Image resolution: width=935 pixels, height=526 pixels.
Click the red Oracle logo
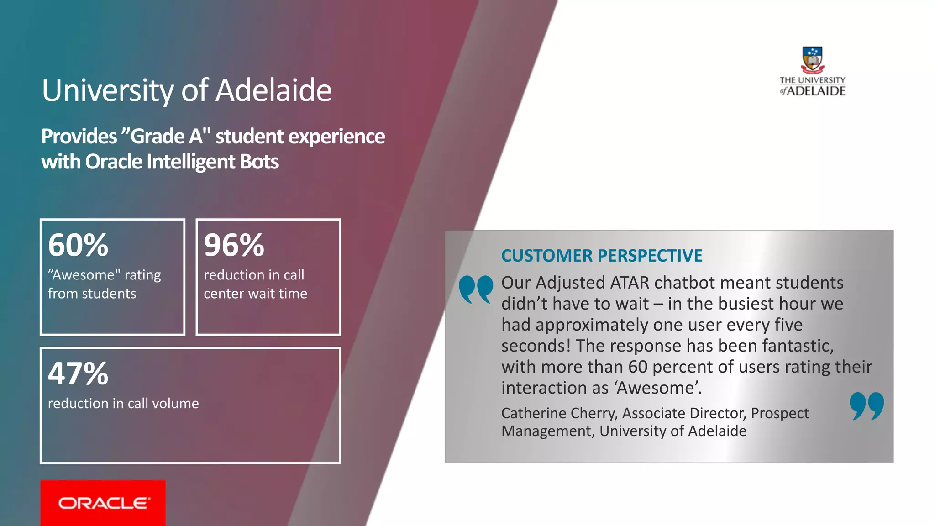click(x=103, y=503)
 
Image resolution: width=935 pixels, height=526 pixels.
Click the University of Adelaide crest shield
click(x=812, y=58)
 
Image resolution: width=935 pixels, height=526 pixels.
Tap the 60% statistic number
click(x=78, y=245)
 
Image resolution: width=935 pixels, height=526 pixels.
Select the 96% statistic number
click(x=234, y=245)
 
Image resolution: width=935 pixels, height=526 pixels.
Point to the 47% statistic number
click(x=78, y=374)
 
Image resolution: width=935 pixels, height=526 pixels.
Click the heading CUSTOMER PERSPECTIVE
click(x=602, y=256)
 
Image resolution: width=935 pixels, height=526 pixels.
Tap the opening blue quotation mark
click(x=476, y=289)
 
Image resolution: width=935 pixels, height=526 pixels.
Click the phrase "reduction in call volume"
click(x=123, y=404)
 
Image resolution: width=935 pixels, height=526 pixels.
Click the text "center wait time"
click(x=255, y=294)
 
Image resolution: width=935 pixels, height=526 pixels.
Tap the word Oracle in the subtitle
click(x=114, y=162)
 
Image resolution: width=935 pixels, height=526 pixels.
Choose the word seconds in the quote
click(x=535, y=346)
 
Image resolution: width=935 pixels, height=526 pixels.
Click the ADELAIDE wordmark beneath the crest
click(x=816, y=91)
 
